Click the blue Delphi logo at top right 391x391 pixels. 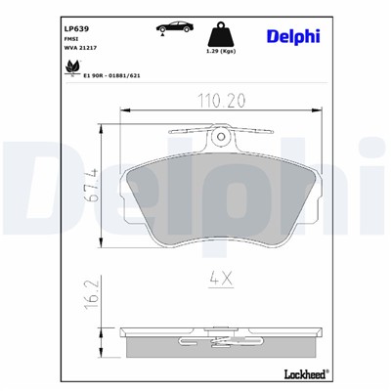291,36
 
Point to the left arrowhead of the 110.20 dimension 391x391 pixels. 123,111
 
